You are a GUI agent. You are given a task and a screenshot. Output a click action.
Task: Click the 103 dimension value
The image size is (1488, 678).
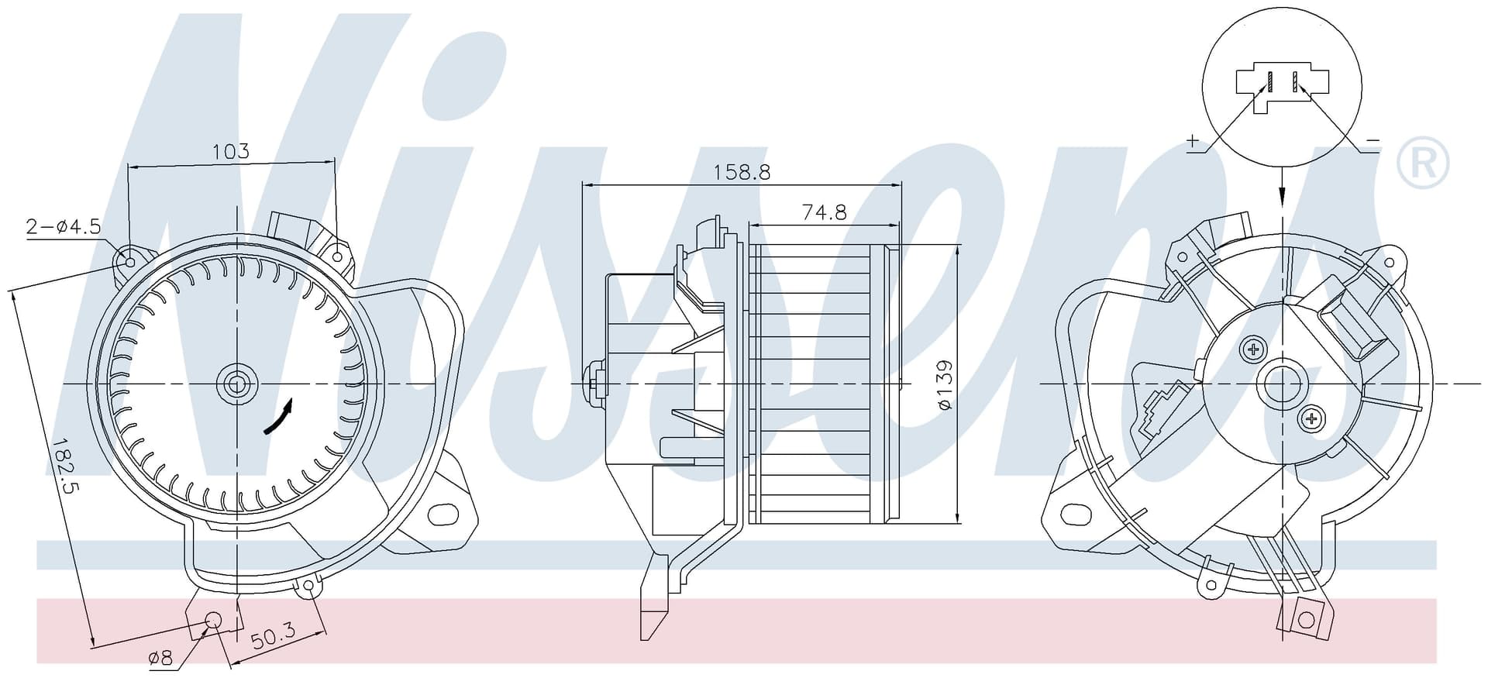coord(232,150)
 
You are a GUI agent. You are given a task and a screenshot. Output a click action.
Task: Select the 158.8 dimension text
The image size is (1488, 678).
coord(742,172)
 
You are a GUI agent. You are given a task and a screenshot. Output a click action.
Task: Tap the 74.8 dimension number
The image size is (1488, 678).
coord(824,212)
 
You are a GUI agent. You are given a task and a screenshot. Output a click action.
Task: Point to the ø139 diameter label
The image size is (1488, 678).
coord(943,385)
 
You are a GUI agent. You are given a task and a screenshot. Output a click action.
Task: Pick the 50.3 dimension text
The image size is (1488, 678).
coord(273,636)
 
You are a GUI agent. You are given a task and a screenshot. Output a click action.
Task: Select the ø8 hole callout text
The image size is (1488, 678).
coord(160,658)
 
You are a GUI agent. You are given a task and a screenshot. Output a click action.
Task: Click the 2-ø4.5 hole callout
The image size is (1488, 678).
coord(64,226)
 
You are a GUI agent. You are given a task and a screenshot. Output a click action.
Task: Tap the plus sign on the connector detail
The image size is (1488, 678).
coord(1193,141)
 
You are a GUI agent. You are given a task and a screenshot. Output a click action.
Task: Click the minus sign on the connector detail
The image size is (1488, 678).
coord(1373,140)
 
